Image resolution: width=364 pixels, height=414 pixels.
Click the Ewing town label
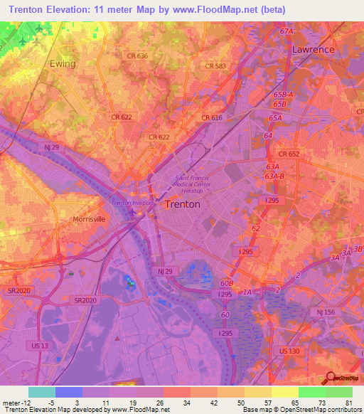pyautogui.click(x=63, y=63)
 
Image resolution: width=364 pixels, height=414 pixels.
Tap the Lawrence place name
pyautogui.click(x=313, y=50)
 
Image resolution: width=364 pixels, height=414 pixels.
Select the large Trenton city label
pyautogui.click(x=182, y=204)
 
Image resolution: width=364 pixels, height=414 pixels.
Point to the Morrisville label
pyautogui.click(x=89, y=220)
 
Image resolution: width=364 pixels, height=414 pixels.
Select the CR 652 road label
pyautogui.click(x=289, y=154)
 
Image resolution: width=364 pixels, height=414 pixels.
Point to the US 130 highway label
pyautogui.click(x=289, y=351)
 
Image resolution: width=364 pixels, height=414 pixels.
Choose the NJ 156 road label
pyautogui.click(x=326, y=313)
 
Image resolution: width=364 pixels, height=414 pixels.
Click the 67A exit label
pyautogui.click(x=287, y=32)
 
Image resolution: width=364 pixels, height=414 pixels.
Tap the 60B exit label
pyautogui.click(x=226, y=282)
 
